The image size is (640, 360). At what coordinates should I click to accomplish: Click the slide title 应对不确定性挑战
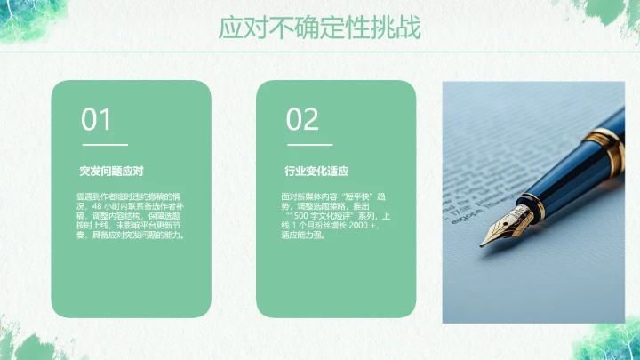(320, 27)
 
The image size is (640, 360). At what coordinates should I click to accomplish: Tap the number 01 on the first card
(97, 120)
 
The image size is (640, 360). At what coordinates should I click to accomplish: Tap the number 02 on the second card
(302, 120)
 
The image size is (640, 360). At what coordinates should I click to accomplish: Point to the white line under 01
(105, 144)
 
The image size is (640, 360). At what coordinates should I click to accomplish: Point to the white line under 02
(309, 144)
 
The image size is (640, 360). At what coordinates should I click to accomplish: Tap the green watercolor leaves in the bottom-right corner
(613, 342)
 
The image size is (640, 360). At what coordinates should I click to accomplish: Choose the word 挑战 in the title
(401, 27)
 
